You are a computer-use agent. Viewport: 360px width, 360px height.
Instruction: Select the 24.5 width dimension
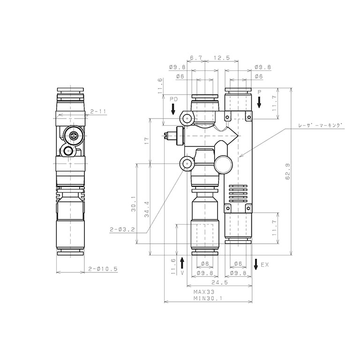tap(219, 282)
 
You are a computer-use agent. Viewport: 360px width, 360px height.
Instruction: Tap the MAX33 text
tap(204, 292)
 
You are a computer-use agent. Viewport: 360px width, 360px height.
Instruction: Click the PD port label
tap(173, 99)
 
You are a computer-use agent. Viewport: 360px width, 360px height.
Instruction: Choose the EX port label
tap(265, 265)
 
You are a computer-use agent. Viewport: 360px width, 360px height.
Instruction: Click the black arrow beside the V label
tap(182, 262)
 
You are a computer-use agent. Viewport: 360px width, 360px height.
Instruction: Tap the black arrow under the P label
tap(259, 102)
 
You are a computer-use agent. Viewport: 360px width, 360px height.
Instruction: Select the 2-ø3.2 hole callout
tap(122, 229)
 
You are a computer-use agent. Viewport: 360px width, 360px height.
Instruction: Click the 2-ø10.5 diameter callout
tap(103, 269)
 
